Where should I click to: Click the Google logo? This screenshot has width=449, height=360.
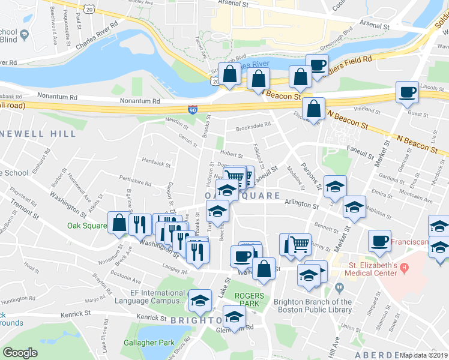point(20,353)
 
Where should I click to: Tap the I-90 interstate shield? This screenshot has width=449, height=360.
point(192,110)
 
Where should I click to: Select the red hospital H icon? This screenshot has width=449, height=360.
point(404,266)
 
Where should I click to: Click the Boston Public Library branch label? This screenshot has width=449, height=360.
point(312,306)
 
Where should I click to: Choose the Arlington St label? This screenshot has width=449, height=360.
point(301,205)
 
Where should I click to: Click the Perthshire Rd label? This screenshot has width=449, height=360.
point(135,181)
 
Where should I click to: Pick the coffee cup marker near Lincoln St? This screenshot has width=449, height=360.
point(407,92)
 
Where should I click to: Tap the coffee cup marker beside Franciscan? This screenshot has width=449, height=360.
point(379,241)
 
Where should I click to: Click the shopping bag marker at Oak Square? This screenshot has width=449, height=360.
point(119,223)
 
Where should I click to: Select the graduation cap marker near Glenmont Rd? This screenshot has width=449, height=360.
point(234,316)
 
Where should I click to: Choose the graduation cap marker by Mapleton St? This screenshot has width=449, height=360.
point(354,207)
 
